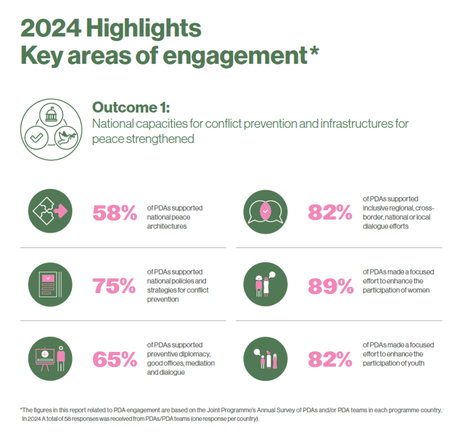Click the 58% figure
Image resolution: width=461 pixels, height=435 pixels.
point(114,212)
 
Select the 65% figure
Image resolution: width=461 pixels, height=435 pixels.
point(114,359)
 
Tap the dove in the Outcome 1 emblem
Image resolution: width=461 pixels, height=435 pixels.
point(66,136)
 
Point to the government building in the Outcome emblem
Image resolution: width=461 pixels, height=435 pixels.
point(51,114)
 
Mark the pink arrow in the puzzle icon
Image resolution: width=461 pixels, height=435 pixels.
point(60,212)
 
